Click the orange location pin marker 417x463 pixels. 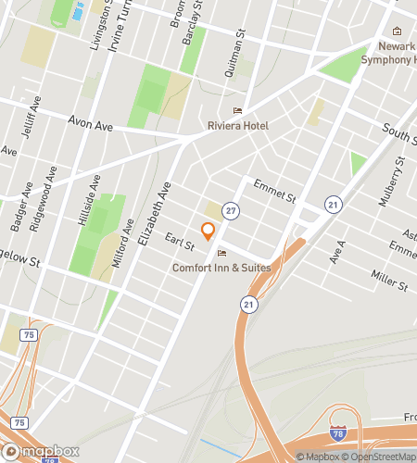click(208, 231)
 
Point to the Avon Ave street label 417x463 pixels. click(91, 123)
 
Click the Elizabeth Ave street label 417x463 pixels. click(155, 213)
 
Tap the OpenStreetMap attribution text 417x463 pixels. click(380, 456)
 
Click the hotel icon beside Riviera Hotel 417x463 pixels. click(236, 110)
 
